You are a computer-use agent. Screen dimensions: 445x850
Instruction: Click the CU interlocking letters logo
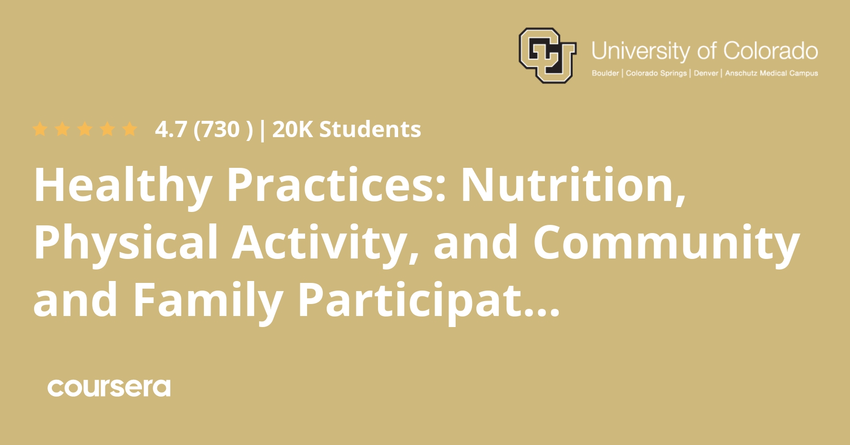[x=547, y=56]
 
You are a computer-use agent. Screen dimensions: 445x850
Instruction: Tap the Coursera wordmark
[x=109, y=388]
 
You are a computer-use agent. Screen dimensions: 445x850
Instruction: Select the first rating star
[x=40, y=129]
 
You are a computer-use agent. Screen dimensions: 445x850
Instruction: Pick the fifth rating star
[x=130, y=129]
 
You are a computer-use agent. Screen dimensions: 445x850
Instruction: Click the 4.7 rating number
[x=171, y=129]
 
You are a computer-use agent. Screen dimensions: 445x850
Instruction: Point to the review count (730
[x=216, y=129]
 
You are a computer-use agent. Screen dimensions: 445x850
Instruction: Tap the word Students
[x=370, y=129]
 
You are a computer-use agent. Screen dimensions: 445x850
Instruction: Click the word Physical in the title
[x=126, y=243]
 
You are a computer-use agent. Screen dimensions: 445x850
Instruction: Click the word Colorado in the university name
[x=770, y=51]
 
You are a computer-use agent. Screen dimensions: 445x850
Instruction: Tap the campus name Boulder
[x=605, y=73]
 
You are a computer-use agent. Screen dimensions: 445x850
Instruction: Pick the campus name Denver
[x=706, y=73]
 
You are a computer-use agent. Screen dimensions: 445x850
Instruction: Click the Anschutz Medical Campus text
[x=771, y=73]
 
